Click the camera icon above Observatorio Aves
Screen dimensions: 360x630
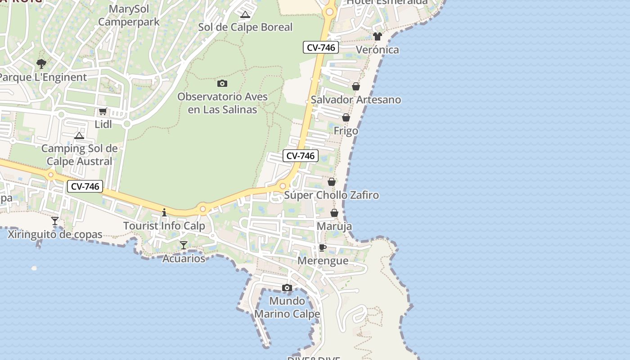222,83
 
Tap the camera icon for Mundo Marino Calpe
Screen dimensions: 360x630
287,288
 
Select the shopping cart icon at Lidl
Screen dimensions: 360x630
103,111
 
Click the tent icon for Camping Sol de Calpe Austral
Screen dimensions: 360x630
79,135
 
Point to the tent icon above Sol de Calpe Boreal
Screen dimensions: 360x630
245,14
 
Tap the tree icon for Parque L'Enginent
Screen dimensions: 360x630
41,64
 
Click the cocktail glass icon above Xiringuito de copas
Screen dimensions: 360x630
55,220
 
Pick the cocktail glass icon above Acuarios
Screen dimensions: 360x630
184,245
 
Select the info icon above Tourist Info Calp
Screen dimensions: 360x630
164,212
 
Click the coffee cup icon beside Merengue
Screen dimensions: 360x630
323,247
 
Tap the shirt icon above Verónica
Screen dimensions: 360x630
377,36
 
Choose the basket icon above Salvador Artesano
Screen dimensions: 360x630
356,86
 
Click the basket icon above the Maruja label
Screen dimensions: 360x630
334,213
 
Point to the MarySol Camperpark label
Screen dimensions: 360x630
129,15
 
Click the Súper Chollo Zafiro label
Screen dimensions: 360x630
332,195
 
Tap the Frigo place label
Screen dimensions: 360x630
346,131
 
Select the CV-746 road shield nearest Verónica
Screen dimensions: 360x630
321,47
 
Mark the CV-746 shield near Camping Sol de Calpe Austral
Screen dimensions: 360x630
85,186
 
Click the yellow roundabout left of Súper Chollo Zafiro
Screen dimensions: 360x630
283,186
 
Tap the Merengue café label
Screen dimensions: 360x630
323,261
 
